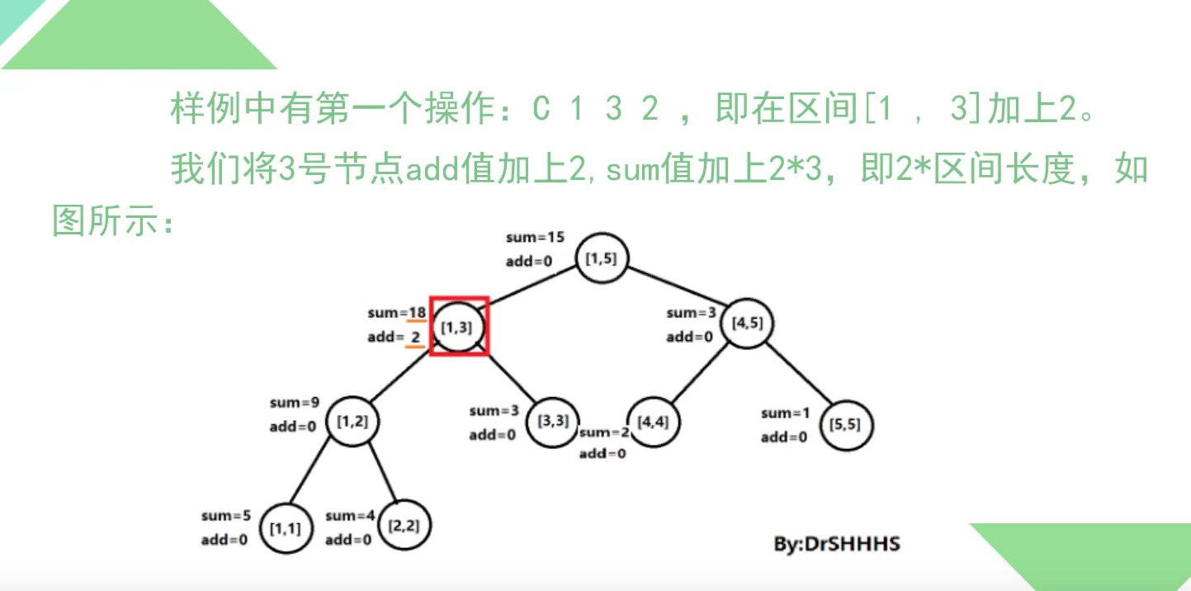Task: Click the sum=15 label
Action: (x=535, y=238)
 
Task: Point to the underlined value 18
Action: (x=417, y=313)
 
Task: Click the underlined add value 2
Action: (x=416, y=337)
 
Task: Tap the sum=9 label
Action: (x=294, y=403)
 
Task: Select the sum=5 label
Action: (x=225, y=516)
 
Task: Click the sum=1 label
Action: (x=785, y=413)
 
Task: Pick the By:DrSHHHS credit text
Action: (x=836, y=544)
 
